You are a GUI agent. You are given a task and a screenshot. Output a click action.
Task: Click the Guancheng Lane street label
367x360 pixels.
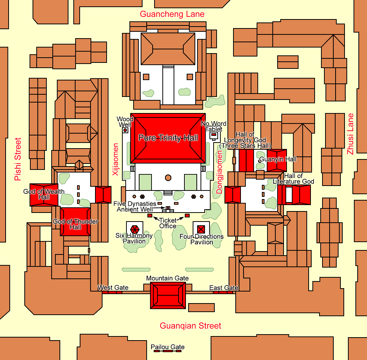[172, 14]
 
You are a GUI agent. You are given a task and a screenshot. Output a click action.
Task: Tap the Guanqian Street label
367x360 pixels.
[190, 326]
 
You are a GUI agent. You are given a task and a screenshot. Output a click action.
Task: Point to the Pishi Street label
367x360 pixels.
[18, 159]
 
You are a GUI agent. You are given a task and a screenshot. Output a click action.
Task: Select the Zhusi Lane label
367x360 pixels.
[350, 134]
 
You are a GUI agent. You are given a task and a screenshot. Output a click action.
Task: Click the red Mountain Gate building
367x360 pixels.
[168, 295]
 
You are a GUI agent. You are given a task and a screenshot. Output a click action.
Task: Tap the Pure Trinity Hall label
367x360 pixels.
[168, 138]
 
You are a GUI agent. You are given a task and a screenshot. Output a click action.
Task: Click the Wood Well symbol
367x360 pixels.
[125, 130]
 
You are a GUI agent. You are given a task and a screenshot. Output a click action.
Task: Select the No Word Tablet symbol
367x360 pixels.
[214, 135]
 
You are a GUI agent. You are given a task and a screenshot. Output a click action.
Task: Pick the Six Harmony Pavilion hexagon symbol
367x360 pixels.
[135, 230]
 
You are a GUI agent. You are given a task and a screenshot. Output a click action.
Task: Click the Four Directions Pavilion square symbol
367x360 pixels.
[201, 229]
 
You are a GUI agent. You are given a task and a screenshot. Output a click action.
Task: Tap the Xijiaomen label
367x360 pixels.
[115, 159]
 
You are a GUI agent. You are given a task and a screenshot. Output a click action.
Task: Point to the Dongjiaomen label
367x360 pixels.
[219, 172]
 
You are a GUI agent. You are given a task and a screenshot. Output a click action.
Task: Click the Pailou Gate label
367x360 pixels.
[168, 347]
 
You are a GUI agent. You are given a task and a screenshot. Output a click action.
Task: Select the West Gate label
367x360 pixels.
[113, 287]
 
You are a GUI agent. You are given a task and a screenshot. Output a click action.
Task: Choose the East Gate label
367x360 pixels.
[224, 288]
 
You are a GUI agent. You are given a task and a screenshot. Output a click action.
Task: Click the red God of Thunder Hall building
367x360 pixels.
[75, 222]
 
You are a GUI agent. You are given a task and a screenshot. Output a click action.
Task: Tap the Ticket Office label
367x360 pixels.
[168, 223]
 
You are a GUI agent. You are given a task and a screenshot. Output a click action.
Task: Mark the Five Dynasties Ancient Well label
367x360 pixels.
[135, 207]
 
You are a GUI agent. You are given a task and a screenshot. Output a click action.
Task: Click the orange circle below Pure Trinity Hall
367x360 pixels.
[168, 178]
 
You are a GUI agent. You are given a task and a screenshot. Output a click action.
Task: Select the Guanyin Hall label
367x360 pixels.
[278, 159]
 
